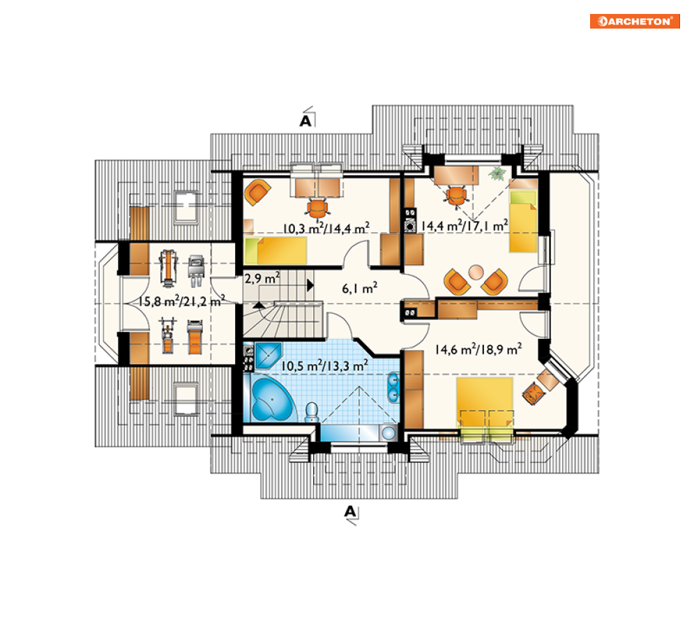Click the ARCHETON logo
pyautogui.click(x=635, y=21)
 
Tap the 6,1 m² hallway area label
pyautogui.click(x=360, y=289)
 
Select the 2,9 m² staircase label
pyautogui.click(x=262, y=278)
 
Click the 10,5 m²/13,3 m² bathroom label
pyautogui.click(x=324, y=365)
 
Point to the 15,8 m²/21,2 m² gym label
pyautogui.click(x=181, y=301)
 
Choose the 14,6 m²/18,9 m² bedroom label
pyautogui.click(x=478, y=349)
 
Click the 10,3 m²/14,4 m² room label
pyautogui.click(x=326, y=228)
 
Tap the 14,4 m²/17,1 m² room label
pyautogui.click(x=465, y=226)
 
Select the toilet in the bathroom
pyautogui.click(x=312, y=412)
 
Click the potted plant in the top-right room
pyautogui.click(x=498, y=173)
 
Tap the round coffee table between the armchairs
pyautogui.click(x=476, y=272)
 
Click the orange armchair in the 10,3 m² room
pyautogui.click(x=257, y=192)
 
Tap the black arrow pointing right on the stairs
pyautogui.click(x=310, y=285)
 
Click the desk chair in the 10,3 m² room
pyautogui.click(x=317, y=208)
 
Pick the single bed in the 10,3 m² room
pyautogui.click(x=276, y=250)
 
